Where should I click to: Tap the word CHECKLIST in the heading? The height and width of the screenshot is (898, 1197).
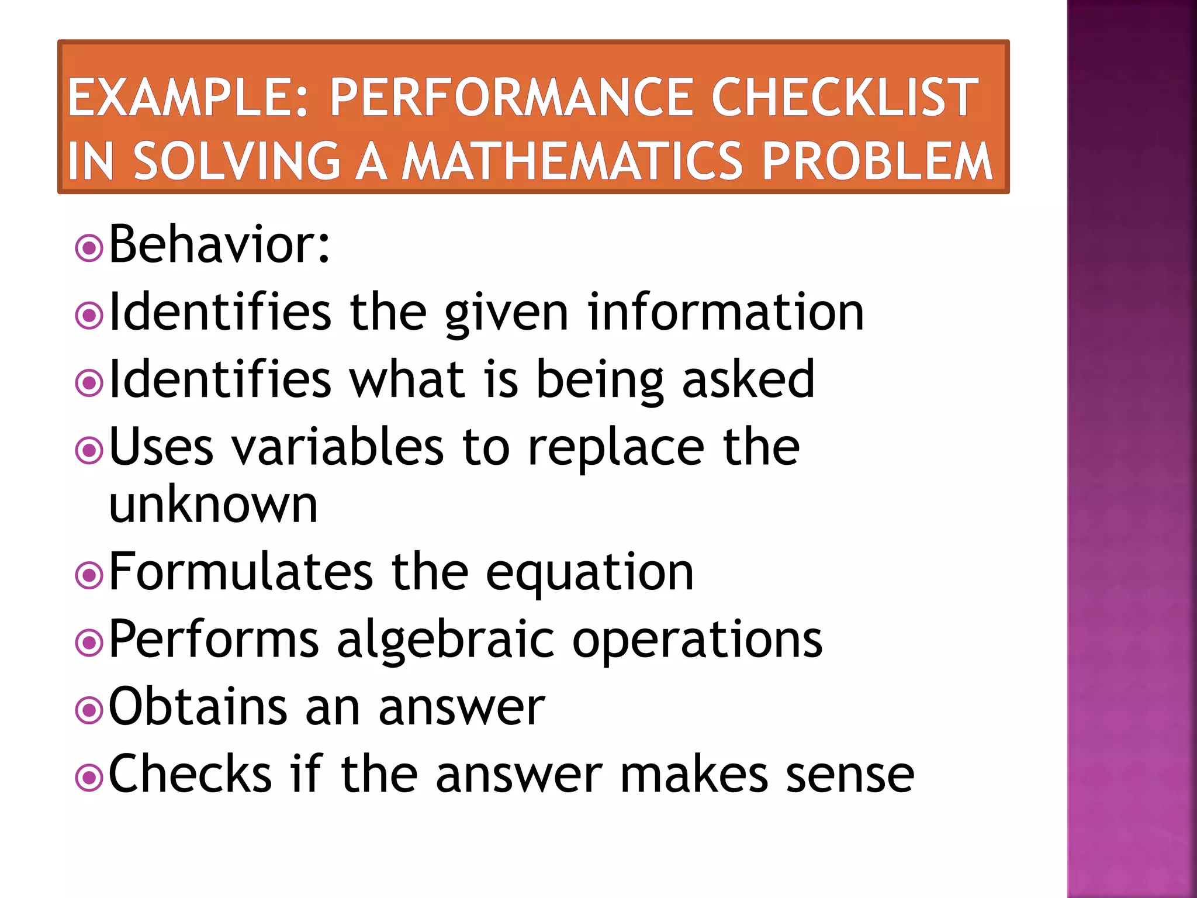pyautogui.click(x=844, y=98)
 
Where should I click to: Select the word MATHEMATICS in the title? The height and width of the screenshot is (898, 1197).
pyautogui.click(x=573, y=161)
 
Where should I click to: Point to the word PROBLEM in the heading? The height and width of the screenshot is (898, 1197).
pyautogui.click(x=877, y=161)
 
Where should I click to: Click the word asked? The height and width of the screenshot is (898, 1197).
pyautogui.click(x=748, y=379)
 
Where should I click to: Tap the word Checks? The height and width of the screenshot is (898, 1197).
pyautogui.click(x=191, y=774)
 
